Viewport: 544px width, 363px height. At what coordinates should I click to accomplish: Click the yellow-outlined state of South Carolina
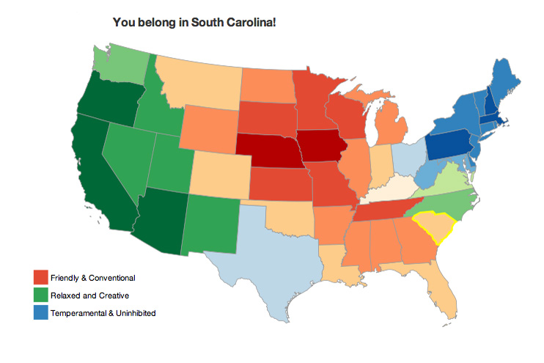[x=433, y=228]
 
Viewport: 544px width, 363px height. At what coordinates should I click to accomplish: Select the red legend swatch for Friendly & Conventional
[x=41, y=277]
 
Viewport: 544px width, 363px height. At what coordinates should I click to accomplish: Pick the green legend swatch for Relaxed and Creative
[x=41, y=295]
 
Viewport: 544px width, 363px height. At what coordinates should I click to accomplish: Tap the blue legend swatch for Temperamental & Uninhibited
[x=41, y=312]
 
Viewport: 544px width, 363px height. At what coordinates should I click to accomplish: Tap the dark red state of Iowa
[x=323, y=147]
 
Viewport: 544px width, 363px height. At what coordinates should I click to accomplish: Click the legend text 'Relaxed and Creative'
[x=89, y=296]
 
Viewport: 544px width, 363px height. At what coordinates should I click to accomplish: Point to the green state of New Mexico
[x=213, y=223]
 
